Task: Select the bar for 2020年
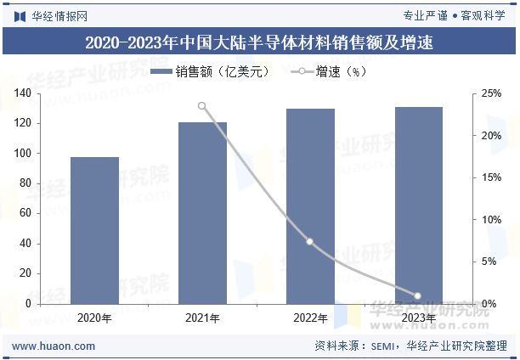(x=94, y=230)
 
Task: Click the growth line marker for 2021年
(x=202, y=106)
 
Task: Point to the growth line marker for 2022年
(x=310, y=242)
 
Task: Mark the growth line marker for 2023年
(x=417, y=295)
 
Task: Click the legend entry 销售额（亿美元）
(x=211, y=72)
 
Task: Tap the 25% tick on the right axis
(x=491, y=93)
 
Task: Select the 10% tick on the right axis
(x=491, y=220)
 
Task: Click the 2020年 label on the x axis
(x=94, y=318)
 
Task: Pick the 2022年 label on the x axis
(x=310, y=318)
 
